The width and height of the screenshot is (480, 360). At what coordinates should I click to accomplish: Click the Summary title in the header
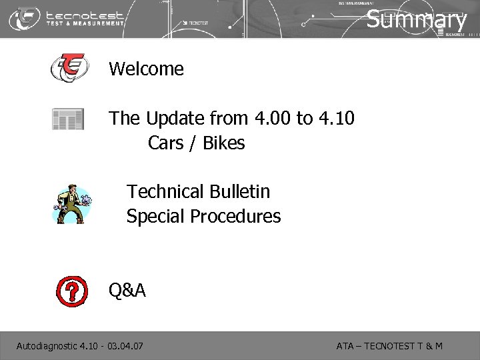417,19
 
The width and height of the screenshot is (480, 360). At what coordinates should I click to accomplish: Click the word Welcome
146,69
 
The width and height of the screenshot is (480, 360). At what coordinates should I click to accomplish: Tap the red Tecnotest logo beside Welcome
69,68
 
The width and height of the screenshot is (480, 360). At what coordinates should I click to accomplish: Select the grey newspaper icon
68,119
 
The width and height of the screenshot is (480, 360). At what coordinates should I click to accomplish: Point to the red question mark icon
71,289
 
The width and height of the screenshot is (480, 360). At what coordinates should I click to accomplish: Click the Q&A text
127,290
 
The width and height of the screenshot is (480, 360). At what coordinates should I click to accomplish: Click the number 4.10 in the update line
336,119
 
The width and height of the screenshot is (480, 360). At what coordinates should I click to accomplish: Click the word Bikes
223,143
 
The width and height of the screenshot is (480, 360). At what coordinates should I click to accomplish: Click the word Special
155,217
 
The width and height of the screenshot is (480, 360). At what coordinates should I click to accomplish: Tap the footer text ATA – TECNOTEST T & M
389,346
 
